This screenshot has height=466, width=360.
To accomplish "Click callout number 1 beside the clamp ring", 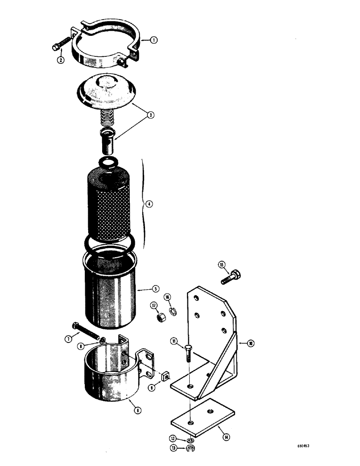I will (x=153, y=40).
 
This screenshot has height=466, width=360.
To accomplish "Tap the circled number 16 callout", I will (x=167, y=297).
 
